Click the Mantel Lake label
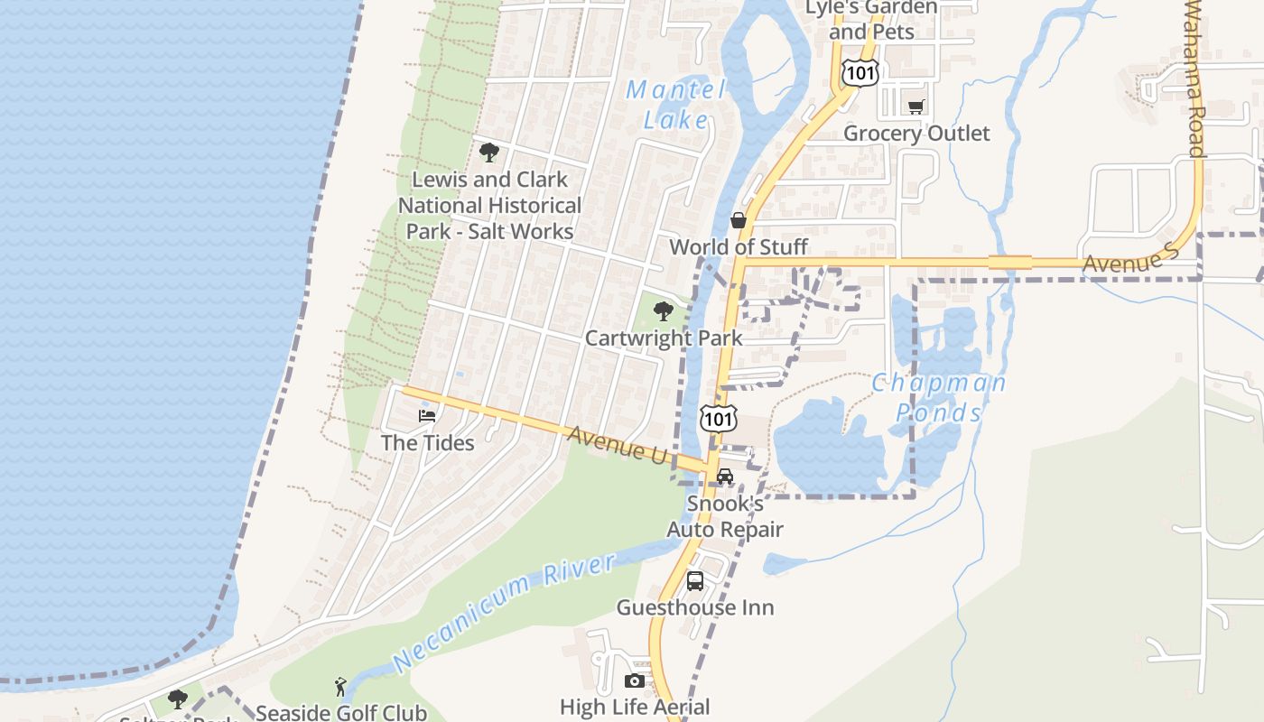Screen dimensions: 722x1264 pyautogui.click(x=676, y=104)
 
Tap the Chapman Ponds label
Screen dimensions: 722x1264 pyautogui.click(x=938, y=397)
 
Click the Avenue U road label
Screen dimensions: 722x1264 pyautogui.click(x=617, y=444)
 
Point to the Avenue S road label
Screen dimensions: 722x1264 pyautogui.click(x=1131, y=262)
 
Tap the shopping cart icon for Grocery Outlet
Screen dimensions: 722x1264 pyautogui.click(x=916, y=107)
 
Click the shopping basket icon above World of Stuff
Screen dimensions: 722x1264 pyautogui.click(x=739, y=220)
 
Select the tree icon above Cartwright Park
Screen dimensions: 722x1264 pyautogui.click(x=664, y=312)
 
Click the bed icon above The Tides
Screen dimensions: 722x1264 pyautogui.click(x=427, y=416)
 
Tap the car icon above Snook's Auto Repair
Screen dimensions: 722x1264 pyautogui.click(x=724, y=477)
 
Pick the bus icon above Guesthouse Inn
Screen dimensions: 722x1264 pyautogui.click(x=695, y=581)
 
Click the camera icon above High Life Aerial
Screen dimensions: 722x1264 pyautogui.click(x=635, y=680)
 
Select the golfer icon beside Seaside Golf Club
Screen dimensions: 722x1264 pyautogui.click(x=340, y=687)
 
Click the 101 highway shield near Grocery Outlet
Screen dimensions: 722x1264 pyautogui.click(x=860, y=73)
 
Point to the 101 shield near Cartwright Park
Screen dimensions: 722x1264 pyautogui.click(x=719, y=418)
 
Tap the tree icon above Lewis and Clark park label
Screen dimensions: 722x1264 pyautogui.click(x=489, y=153)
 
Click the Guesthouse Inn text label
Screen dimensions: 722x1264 pyautogui.click(x=695, y=607)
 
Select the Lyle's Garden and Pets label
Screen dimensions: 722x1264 pyautogui.click(x=871, y=20)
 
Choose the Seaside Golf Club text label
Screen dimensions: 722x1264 pyautogui.click(x=341, y=713)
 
